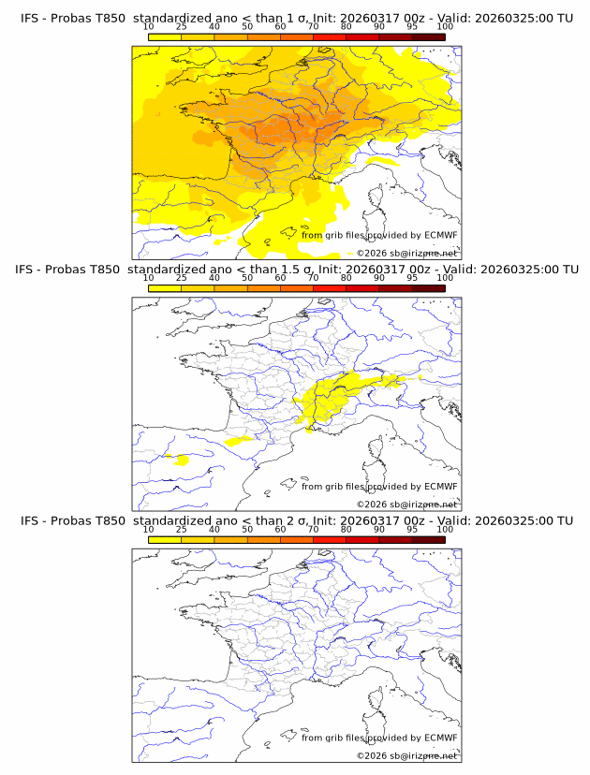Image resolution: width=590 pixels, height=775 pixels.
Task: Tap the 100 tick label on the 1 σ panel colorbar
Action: [x=445, y=26]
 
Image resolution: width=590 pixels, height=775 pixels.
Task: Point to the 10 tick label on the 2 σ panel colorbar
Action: [x=148, y=529]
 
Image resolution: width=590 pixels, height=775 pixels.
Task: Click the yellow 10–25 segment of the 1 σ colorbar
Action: [x=164, y=37]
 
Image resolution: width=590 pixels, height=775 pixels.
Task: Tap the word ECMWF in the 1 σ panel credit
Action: [x=440, y=235]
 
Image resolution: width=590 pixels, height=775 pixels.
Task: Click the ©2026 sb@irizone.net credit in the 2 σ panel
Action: [x=406, y=755]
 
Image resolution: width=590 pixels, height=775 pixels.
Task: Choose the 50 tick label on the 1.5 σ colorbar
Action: [x=247, y=278]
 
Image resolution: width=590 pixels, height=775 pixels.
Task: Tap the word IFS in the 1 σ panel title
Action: [x=32, y=18]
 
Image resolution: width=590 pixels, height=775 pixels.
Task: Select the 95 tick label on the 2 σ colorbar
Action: [x=412, y=529]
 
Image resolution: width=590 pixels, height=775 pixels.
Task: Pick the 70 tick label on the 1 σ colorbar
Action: [x=313, y=26]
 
